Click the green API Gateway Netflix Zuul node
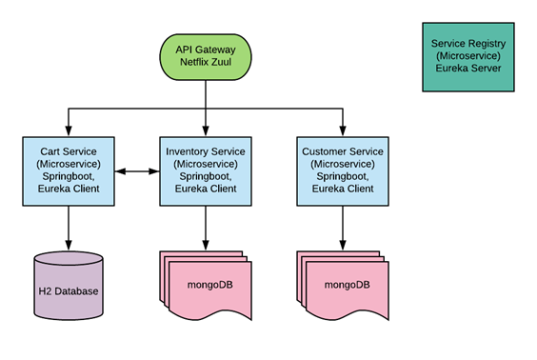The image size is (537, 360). [206, 55]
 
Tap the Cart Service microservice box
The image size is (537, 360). [67, 170]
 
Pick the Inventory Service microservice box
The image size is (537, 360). [206, 170]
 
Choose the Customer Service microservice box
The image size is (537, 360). [343, 170]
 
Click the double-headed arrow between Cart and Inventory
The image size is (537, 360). [136, 171]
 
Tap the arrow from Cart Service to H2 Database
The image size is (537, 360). [67, 227]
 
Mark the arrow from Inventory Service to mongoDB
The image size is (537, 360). [206, 227]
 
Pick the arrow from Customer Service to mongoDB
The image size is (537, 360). [343, 227]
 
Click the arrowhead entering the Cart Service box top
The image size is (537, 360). [67, 130]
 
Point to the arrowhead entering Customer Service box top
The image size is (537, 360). [343, 130]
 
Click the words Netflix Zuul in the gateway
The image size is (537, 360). [206, 63]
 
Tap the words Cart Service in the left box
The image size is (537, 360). [67, 151]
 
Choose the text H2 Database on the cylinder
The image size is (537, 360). [67, 290]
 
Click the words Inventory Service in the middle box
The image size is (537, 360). [206, 151]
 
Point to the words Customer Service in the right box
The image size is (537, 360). [343, 151]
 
